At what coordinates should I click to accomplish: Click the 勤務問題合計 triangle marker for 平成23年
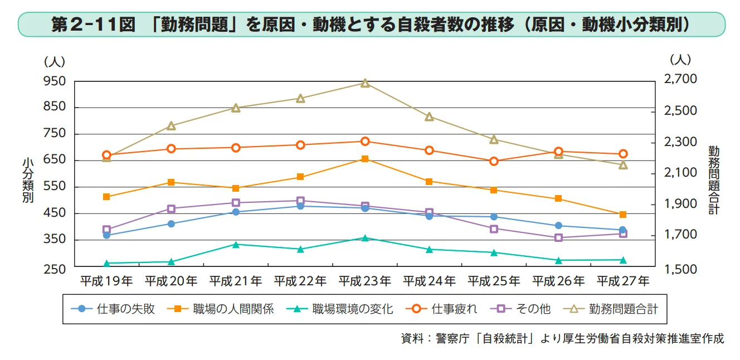point(365,83)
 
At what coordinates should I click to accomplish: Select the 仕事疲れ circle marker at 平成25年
point(494,161)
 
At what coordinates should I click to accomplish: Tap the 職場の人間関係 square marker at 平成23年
point(365,159)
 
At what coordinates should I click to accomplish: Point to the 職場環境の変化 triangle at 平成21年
point(236,244)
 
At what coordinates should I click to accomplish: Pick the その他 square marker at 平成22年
point(300,201)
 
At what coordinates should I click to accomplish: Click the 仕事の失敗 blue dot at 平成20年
point(171,224)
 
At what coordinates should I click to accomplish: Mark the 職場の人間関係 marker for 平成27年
point(623,215)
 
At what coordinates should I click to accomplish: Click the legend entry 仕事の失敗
point(117,308)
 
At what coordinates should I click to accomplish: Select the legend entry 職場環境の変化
point(345,308)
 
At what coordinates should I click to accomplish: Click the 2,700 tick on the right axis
point(680,80)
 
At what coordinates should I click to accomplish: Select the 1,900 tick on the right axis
point(680,204)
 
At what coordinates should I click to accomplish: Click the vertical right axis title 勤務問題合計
point(714,179)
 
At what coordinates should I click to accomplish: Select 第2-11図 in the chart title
point(93,25)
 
